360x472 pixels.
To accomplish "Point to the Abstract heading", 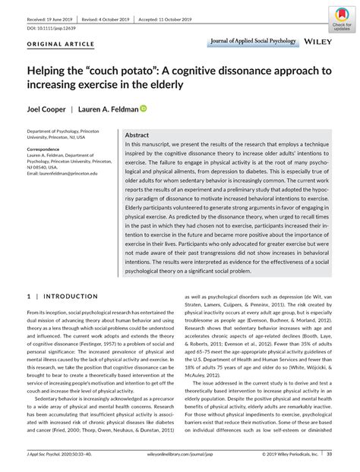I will click(137, 134).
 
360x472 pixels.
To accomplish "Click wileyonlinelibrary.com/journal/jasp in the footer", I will click(179, 455).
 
